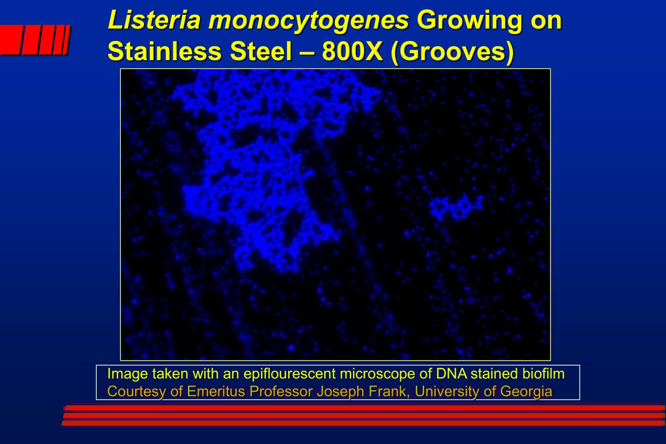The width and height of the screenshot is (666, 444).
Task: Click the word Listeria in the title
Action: click(154, 20)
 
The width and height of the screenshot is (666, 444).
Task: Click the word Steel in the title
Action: click(261, 51)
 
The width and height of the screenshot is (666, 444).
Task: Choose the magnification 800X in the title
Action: click(352, 51)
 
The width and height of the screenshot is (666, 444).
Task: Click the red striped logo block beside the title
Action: click(35, 40)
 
